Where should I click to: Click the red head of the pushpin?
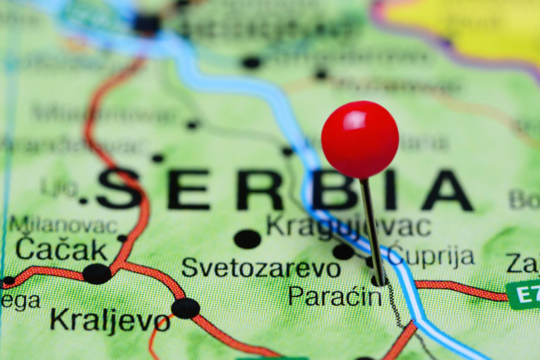point(360,139)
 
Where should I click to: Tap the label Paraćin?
point(335,296)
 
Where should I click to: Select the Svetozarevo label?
point(260,268)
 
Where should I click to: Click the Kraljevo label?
point(109,320)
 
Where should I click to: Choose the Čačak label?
point(61,248)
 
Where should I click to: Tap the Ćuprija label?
point(431,256)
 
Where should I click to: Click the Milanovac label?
point(63,225)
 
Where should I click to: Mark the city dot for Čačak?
point(96,274)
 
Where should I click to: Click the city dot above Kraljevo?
point(186,308)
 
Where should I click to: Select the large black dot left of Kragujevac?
point(247,239)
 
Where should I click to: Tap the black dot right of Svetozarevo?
point(343,251)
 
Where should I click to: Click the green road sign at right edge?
point(524,294)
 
